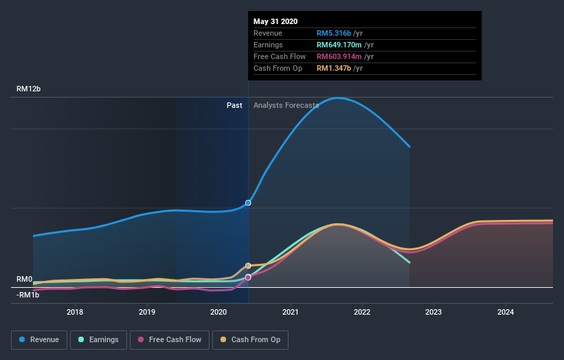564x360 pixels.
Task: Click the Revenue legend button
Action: point(40,339)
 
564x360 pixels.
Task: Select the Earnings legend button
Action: point(98,339)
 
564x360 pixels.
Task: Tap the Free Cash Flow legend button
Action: point(170,339)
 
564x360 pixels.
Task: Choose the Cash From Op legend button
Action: point(250,339)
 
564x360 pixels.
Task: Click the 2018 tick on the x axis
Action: point(75,312)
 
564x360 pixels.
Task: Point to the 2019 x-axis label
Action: point(147,312)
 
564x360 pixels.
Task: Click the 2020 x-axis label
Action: point(218,312)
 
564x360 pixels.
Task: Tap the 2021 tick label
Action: point(291,312)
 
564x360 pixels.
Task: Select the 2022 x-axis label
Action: point(362,312)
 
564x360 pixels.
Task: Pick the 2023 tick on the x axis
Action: point(433,312)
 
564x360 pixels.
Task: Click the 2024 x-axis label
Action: point(506,312)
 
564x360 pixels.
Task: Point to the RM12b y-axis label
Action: point(31,89)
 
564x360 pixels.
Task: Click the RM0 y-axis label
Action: point(25,279)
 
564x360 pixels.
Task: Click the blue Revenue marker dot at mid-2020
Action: point(248,203)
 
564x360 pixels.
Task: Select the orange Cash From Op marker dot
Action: point(248,265)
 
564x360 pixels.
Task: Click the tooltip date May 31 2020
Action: point(275,21)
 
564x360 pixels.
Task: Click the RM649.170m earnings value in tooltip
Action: point(344,45)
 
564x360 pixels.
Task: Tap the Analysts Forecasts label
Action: point(286,105)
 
